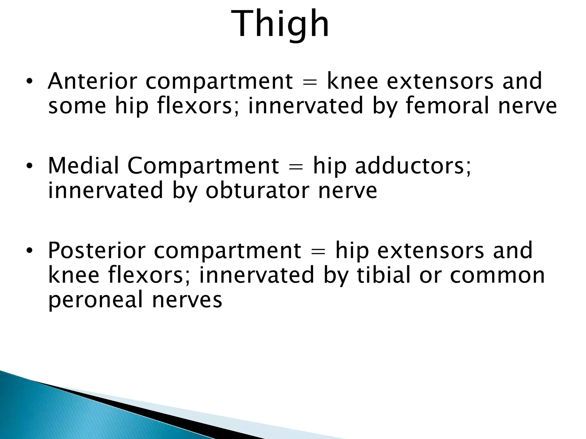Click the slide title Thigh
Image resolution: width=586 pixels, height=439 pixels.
(x=280, y=24)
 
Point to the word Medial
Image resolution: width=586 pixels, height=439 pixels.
(x=83, y=166)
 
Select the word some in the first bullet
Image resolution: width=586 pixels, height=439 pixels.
(x=77, y=106)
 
